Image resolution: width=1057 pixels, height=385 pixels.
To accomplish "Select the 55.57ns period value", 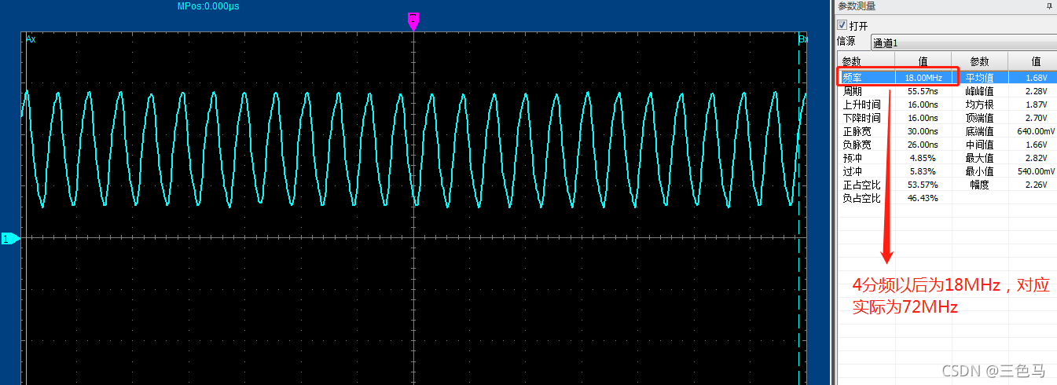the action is coord(923,91).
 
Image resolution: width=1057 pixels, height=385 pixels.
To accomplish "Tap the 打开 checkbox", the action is coord(842,25).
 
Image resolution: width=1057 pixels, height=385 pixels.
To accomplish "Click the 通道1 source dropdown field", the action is coord(959,42).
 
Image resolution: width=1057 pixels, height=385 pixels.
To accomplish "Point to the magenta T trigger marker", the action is coord(413,20).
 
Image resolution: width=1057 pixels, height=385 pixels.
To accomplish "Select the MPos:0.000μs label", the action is coord(208,6).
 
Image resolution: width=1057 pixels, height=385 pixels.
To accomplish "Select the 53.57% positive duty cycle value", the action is coord(923,185).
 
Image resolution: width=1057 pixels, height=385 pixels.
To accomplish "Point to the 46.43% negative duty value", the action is coord(923,198).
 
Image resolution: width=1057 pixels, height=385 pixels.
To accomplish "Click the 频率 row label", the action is coord(852,78).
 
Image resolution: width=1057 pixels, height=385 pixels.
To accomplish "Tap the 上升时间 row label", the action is coord(861,104).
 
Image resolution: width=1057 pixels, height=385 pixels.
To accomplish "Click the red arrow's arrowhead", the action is coord(887,255).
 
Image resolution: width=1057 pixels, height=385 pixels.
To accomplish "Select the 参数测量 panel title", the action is coord(857,6).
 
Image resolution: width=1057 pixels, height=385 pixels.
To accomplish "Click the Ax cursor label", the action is coord(31,38).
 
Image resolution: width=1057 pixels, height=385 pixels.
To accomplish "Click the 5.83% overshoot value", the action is coord(923,171).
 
